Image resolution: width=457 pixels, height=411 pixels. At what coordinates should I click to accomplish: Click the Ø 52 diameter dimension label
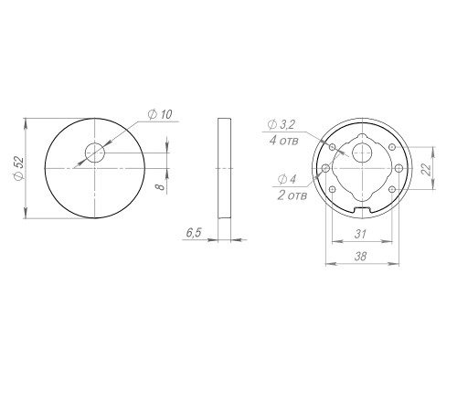point(19,168)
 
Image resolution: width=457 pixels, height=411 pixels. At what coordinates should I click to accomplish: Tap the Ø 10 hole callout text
point(160,114)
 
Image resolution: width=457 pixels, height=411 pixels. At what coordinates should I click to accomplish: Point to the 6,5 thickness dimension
point(194,233)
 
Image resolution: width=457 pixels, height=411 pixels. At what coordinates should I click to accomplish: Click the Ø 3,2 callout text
point(282,124)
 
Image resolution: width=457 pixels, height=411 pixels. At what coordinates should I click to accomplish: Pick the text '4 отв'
point(283,141)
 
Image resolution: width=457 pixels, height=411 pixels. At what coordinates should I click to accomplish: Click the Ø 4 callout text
point(287,179)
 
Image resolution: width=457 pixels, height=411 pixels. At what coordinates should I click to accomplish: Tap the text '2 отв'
point(292,195)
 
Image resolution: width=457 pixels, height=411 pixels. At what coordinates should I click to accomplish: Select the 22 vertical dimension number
point(427,169)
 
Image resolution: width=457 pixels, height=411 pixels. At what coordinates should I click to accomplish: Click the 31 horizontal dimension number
point(360,234)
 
